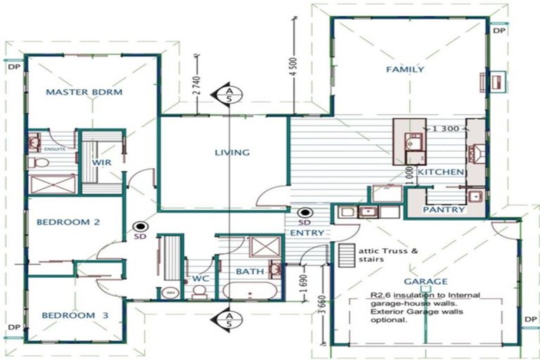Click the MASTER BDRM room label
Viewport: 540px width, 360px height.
click(x=84, y=92)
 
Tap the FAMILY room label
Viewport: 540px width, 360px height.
click(x=404, y=69)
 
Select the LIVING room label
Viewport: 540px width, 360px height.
click(x=232, y=152)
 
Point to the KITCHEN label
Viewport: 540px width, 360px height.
click(x=440, y=172)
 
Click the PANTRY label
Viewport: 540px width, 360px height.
click(x=444, y=210)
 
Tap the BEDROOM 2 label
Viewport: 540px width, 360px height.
click(x=67, y=222)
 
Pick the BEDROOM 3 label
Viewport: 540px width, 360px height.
click(x=74, y=316)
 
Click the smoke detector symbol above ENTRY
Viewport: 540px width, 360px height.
click(x=305, y=213)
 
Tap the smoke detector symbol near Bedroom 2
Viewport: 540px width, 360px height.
click(x=141, y=227)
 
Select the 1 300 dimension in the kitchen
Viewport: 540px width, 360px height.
click(x=439, y=129)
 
